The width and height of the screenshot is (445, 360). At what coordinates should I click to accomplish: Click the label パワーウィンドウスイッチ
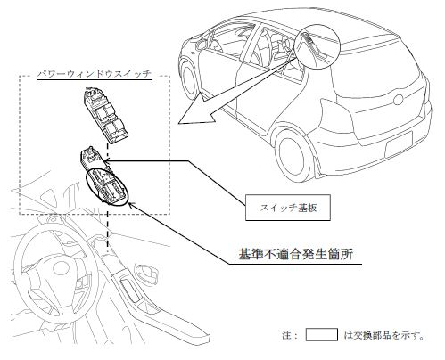coord(95,74)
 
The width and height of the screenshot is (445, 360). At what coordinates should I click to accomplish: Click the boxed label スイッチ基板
coord(288,208)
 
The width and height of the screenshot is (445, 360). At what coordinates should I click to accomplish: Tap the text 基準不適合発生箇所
coord(295,255)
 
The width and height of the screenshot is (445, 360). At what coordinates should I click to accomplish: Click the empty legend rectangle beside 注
coord(322,334)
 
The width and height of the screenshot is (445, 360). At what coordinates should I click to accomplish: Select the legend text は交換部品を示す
coord(383,335)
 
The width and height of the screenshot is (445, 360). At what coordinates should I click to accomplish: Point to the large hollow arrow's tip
coord(178,123)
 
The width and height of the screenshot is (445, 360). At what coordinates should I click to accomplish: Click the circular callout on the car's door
coord(318,48)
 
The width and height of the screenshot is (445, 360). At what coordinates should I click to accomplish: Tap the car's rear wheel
coord(292,158)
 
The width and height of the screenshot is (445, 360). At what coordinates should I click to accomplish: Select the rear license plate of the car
coord(399,145)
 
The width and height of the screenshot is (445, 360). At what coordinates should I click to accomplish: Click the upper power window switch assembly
coord(105,115)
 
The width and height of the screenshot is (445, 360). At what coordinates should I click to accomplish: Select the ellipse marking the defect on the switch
coord(106,188)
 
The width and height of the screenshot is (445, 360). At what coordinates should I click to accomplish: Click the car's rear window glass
coord(377,72)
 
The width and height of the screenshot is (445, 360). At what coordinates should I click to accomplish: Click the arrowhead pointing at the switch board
coord(107,161)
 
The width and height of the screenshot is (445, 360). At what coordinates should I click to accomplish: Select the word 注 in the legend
coord(287,335)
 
